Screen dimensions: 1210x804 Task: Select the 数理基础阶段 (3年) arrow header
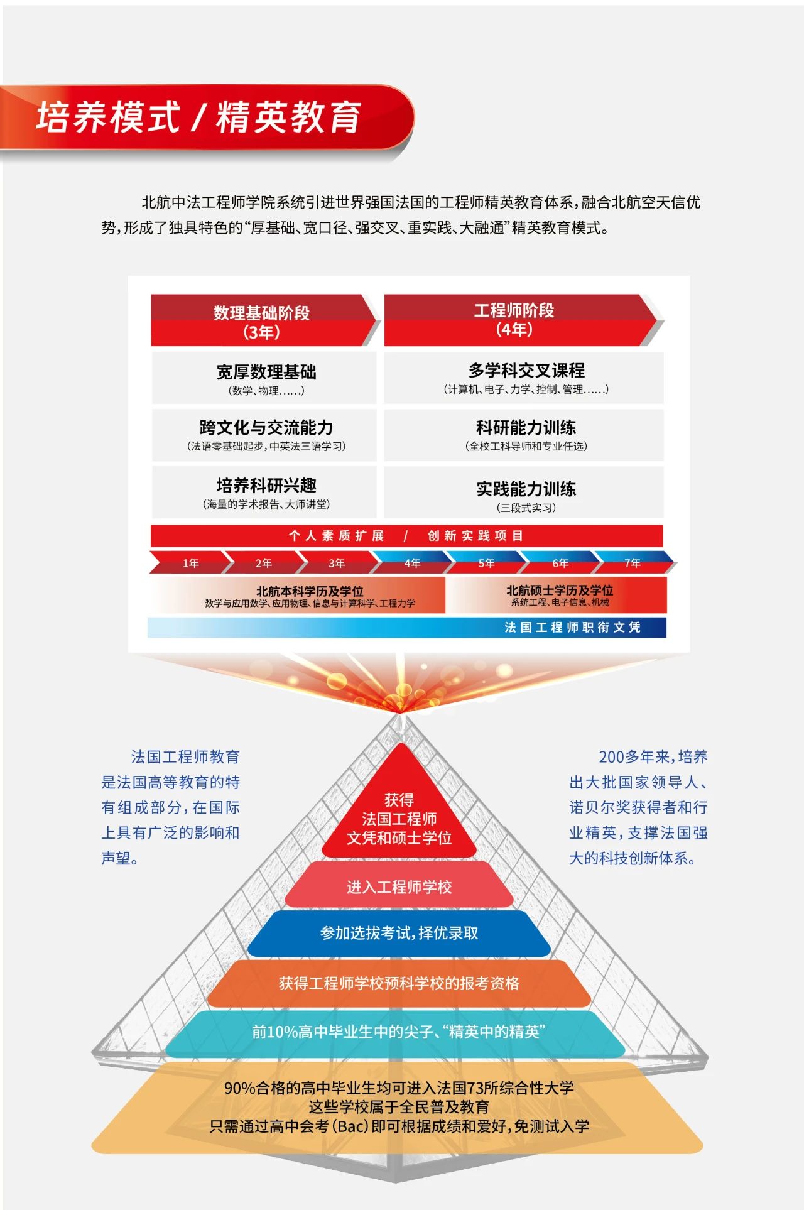pyautogui.click(x=262, y=321)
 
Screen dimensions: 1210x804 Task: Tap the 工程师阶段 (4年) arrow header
pyautogui.click(x=514, y=319)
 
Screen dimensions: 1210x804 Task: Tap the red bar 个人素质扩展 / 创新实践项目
pyautogui.click(x=406, y=536)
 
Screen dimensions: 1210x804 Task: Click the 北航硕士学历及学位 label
pyautogui.click(x=559, y=591)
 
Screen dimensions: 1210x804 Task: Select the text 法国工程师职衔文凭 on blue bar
pyautogui.click(x=572, y=628)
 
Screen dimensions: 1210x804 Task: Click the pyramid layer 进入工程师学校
pyautogui.click(x=399, y=887)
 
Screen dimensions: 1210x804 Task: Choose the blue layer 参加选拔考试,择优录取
pyautogui.click(x=399, y=934)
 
